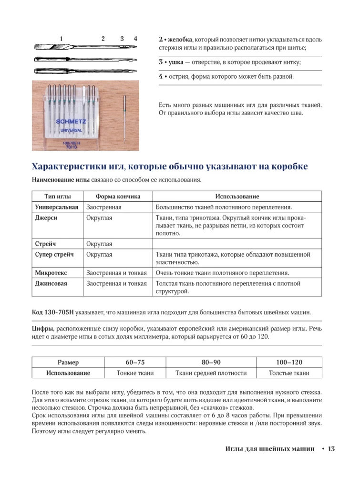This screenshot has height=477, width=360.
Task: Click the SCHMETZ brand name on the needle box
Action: pos(71,121)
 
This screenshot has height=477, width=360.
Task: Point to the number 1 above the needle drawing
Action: pos(61,39)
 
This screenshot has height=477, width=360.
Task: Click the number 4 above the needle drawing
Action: pos(136,39)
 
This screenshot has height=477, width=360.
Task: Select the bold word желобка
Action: pos(178,39)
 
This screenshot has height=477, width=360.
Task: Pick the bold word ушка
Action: pos(174,62)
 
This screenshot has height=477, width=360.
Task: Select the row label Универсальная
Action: pos(57,207)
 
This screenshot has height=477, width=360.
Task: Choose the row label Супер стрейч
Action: pos(54,254)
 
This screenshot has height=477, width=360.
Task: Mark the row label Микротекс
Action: pos(51,273)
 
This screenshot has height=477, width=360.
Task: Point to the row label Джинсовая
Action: pos(51,283)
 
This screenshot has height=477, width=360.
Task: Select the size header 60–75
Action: pos(135,362)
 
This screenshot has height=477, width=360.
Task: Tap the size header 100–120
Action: pos(289,362)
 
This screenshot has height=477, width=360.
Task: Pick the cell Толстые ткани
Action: pos(289,373)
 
